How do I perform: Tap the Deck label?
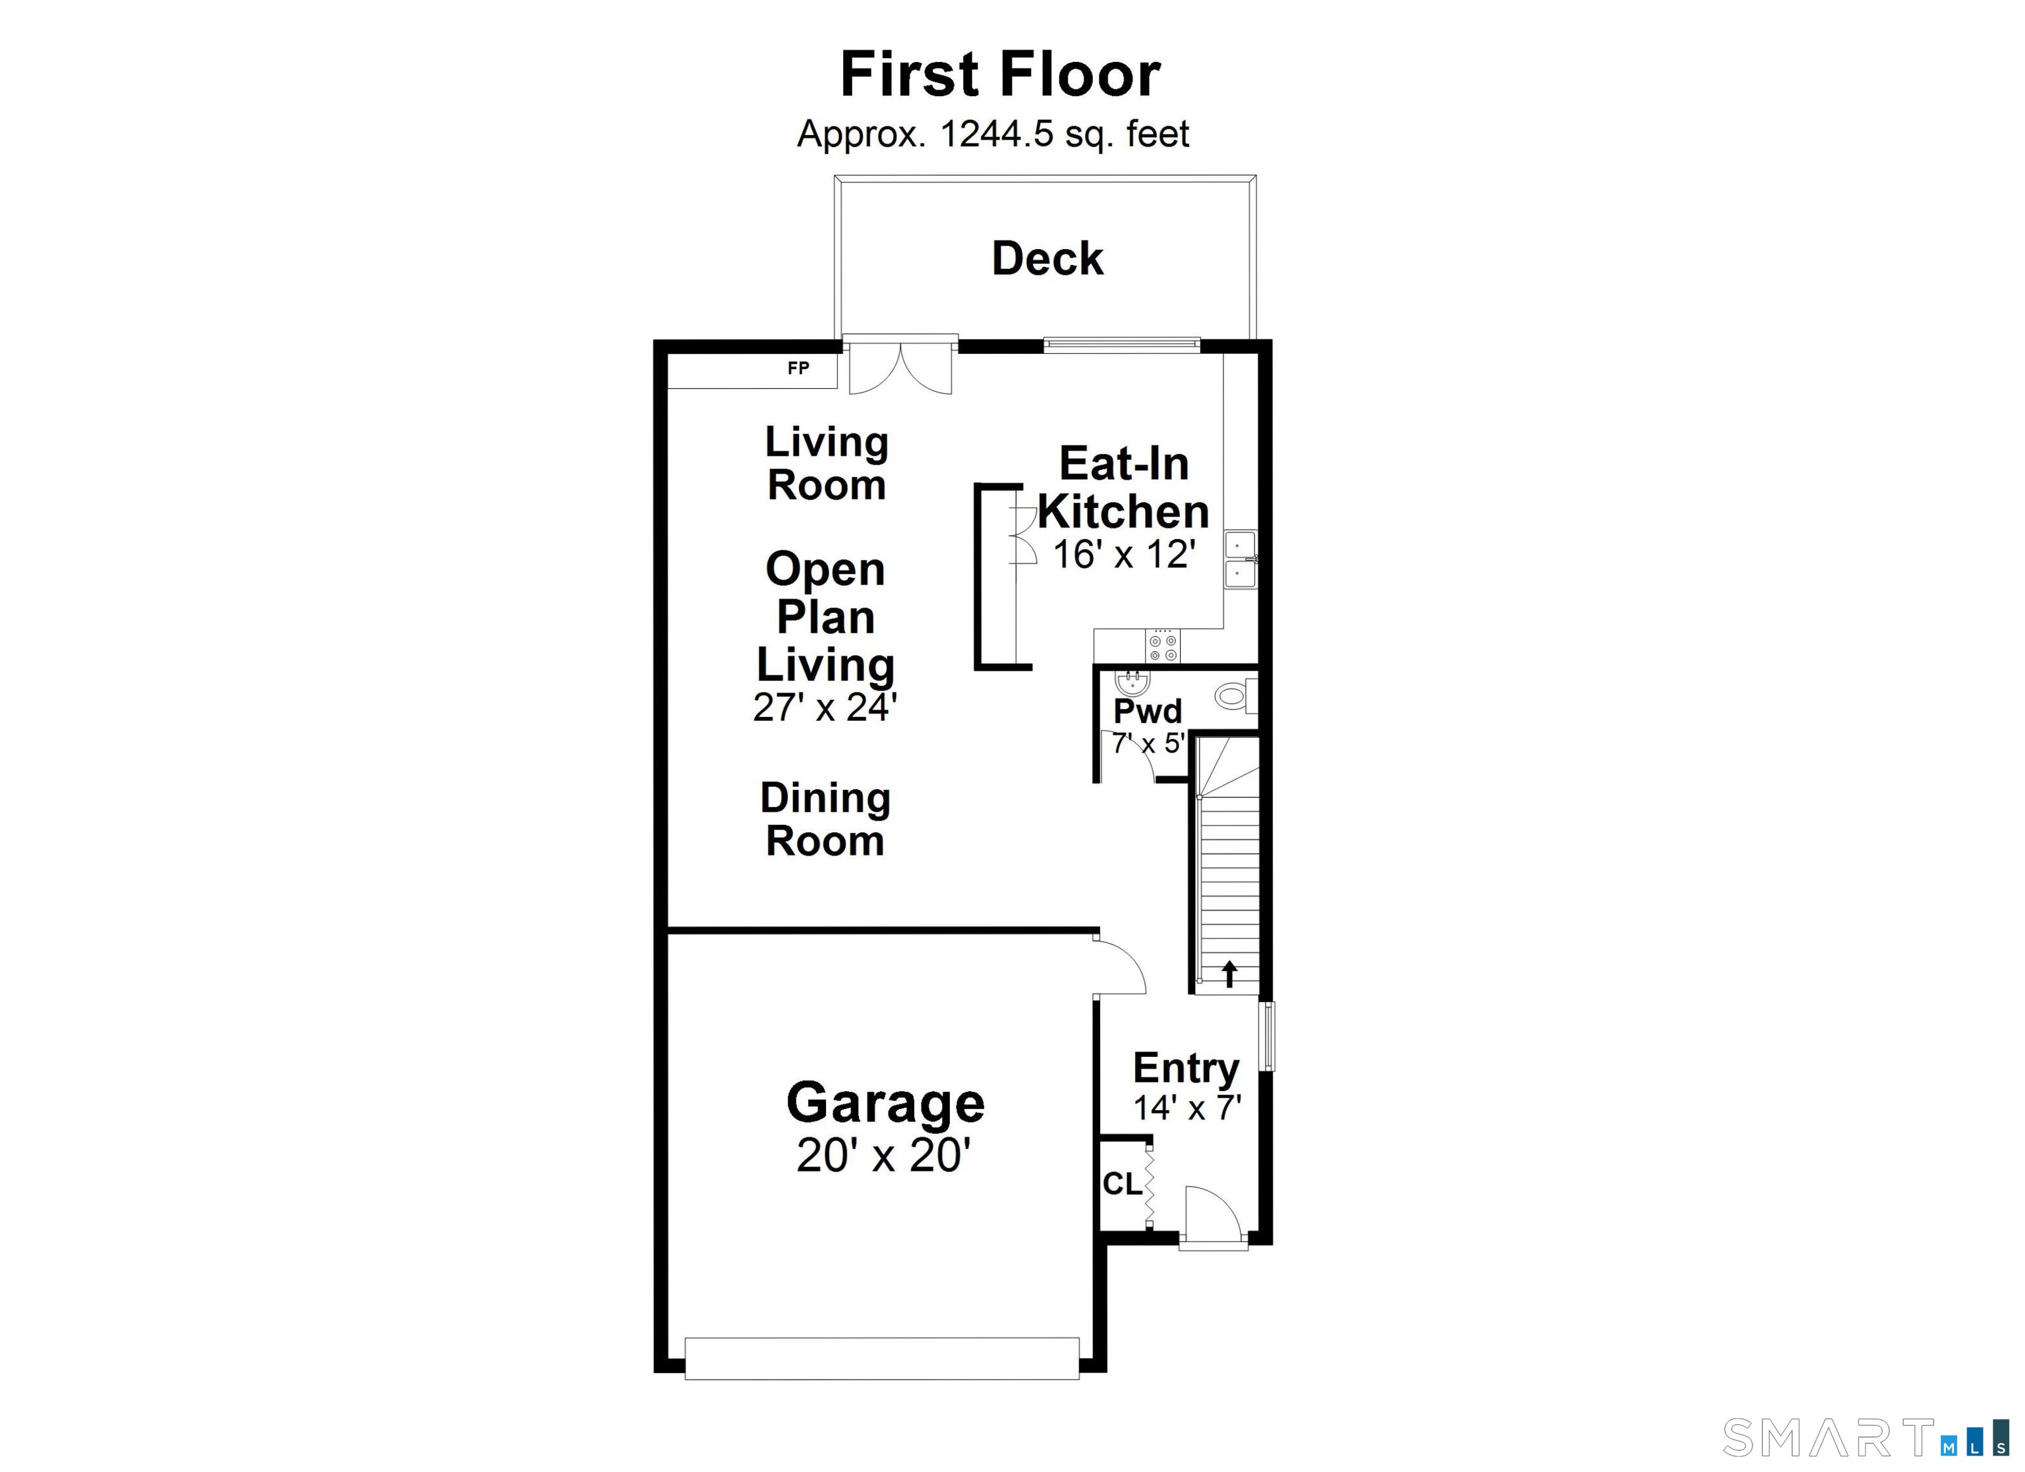1047,259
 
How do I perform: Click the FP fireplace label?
798,368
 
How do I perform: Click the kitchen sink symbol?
1239,559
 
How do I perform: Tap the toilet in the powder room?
1235,695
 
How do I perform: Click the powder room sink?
1132,685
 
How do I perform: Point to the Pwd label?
1148,712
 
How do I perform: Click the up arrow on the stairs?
1229,973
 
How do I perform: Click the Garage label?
885,1103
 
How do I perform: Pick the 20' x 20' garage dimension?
884,1155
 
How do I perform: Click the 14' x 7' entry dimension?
1187,1108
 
